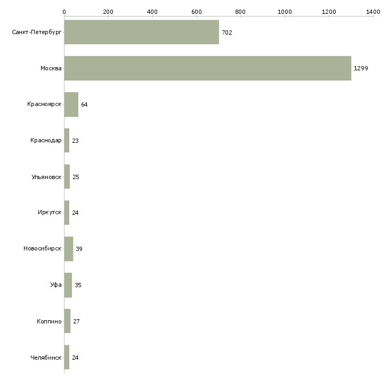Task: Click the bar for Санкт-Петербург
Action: pos(142,32)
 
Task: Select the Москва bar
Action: pos(208,68)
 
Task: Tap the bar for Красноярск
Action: pos(71,104)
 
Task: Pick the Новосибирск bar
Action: pos(69,249)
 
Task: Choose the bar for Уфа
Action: pos(68,285)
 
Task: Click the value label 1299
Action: pos(361,68)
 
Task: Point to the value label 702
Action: pos(227,33)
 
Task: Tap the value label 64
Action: pos(84,104)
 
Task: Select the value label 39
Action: pos(79,249)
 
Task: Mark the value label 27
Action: pos(76,321)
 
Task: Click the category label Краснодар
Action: pos(46,141)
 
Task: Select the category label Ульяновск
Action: pos(46,177)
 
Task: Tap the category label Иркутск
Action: pos(50,213)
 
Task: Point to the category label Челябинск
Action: pos(46,358)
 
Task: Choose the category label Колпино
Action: pos(49,321)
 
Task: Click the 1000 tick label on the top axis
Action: pos(285,12)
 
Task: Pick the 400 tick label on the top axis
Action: pos(152,12)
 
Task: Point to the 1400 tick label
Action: pos(373,12)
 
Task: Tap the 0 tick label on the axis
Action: pos(64,12)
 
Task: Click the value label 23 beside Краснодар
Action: pos(75,141)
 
